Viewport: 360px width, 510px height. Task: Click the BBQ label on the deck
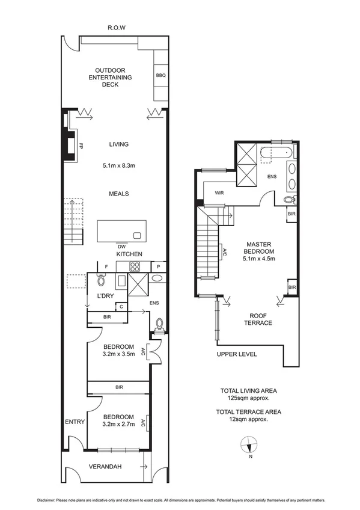[x=160, y=76]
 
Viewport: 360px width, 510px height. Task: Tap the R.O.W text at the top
[x=115, y=28]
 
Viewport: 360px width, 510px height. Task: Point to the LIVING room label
[x=119, y=144]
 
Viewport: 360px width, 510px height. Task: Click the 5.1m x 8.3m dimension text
[x=119, y=165]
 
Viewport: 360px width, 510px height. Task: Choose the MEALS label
[x=120, y=194]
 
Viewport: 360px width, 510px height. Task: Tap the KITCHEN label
[x=129, y=254]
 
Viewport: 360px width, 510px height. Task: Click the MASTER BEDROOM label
[x=260, y=247]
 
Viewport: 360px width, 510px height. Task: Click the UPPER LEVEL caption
[x=237, y=354]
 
